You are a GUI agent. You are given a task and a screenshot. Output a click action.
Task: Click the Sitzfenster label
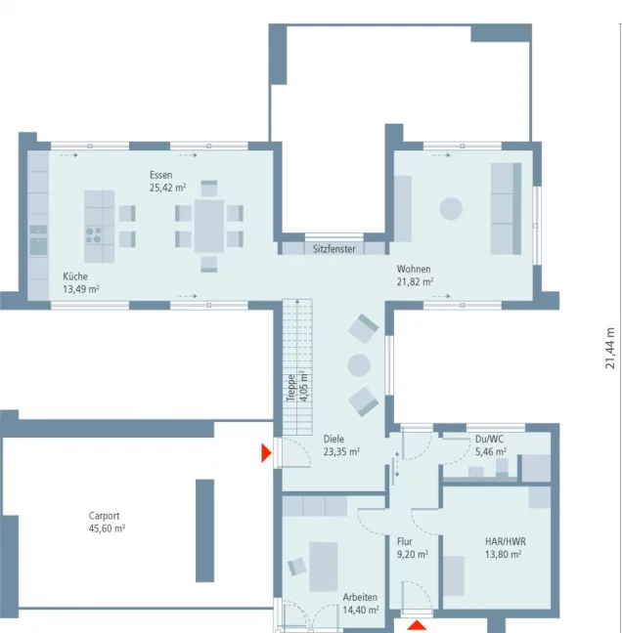(x=333, y=249)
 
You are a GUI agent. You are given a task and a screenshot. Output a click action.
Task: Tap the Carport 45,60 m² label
(x=106, y=522)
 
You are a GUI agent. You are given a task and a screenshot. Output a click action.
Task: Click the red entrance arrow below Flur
(x=417, y=625)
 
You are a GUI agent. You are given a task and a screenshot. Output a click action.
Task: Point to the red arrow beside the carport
(x=265, y=453)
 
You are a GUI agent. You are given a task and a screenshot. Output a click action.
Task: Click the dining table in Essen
(x=208, y=226)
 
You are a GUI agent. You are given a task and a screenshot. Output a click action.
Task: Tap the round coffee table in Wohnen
(x=451, y=209)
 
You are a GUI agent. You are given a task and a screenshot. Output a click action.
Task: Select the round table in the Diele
(x=360, y=365)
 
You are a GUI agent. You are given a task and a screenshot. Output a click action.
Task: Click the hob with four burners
(x=95, y=233)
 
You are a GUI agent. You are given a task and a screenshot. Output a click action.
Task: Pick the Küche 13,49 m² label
(x=81, y=282)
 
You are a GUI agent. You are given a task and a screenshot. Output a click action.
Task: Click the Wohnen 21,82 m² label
(x=415, y=274)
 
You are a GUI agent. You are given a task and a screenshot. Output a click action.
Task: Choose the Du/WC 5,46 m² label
(x=490, y=445)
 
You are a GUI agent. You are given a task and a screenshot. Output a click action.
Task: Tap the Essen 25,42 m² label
(x=167, y=181)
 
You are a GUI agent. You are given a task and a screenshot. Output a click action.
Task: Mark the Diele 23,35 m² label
(x=340, y=445)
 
